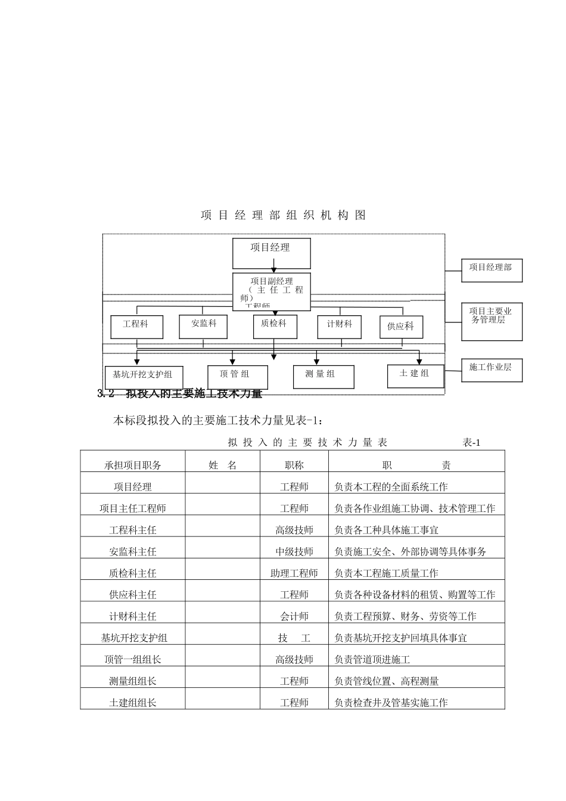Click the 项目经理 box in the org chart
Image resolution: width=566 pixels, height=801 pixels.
click(x=271, y=253)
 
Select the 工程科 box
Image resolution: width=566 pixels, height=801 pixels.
click(x=136, y=327)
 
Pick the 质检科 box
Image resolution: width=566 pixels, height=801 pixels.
click(x=275, y=326)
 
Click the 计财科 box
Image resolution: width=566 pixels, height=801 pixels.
click(x=340, y=326)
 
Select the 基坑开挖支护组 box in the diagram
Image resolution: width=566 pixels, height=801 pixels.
click(x=143, y=377)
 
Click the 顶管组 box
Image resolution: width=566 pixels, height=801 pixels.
click(x=237, y=377)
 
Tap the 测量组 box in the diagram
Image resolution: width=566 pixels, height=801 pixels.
click(x=324, y=377)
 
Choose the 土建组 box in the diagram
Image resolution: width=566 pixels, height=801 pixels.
click(x=415, y=375)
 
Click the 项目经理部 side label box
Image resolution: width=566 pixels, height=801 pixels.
click(x=492, y=270)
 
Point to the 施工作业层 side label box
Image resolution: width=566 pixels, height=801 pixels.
click(x=492, y=370)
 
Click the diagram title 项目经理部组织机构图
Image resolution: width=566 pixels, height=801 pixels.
click(x=284, y=216)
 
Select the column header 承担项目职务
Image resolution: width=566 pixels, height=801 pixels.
click(x=133, y=465)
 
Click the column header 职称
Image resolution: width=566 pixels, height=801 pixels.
click(x=294, y=465)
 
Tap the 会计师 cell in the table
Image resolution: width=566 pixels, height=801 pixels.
click(x=294, y=616)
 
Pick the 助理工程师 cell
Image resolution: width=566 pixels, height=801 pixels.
click(x=294, y=573)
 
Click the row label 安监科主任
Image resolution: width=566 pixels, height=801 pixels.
click(x=133, y=552)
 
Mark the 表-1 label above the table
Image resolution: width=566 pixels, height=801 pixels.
click(x=471, y=442)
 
